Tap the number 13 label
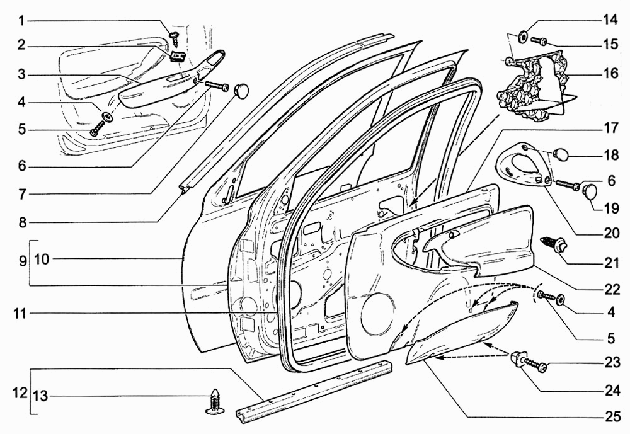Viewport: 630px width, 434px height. pos(40,396)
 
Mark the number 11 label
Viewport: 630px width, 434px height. pos(21,313)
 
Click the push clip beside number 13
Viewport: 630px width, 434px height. pos(215,402)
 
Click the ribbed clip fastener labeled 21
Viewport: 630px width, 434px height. pos(554,244)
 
